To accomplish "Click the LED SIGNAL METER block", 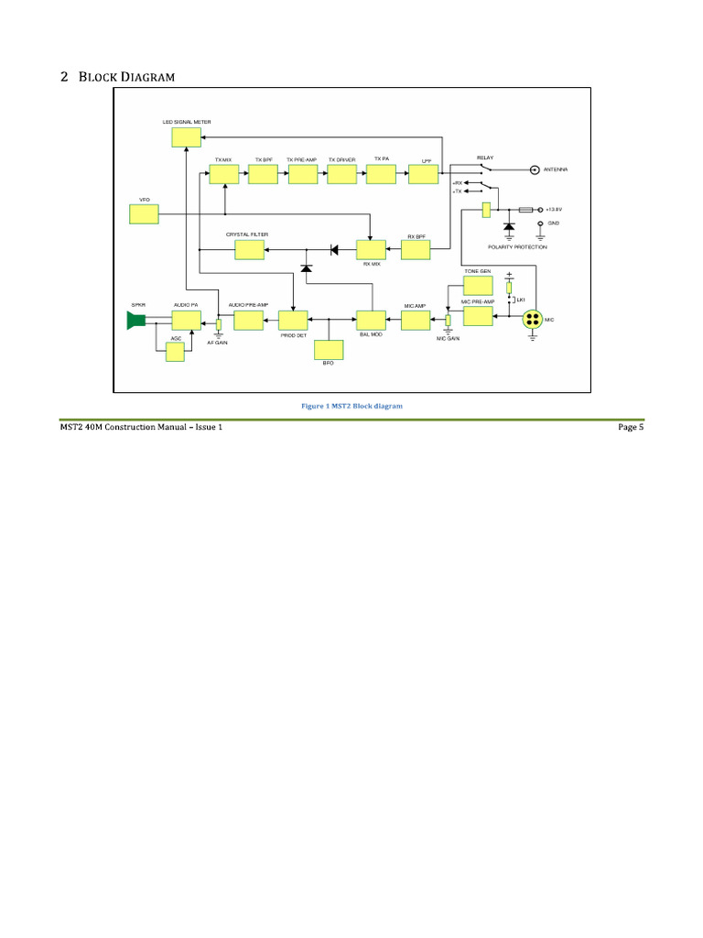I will click(x=186, y=137).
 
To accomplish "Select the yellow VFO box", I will click(x=144, y=214).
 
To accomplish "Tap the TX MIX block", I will click(x=223, y=174).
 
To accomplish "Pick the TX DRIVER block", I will click(x=342, y=174).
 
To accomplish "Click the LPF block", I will click(x=423, y=174).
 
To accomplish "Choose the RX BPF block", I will click(x=418, y=249).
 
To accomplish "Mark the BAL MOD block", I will click(x=371, y=320).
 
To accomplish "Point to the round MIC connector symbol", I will click(x=533, y=320).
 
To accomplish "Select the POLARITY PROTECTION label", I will click(x=518, y=247).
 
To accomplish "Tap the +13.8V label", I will click(x=555, y=210).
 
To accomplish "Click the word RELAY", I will click(x=485, y=158).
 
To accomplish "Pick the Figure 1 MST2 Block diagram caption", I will click(x=351, y=405).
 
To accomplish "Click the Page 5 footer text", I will click(x=631, y=427).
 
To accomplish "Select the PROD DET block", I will click(x=294, y=320).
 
